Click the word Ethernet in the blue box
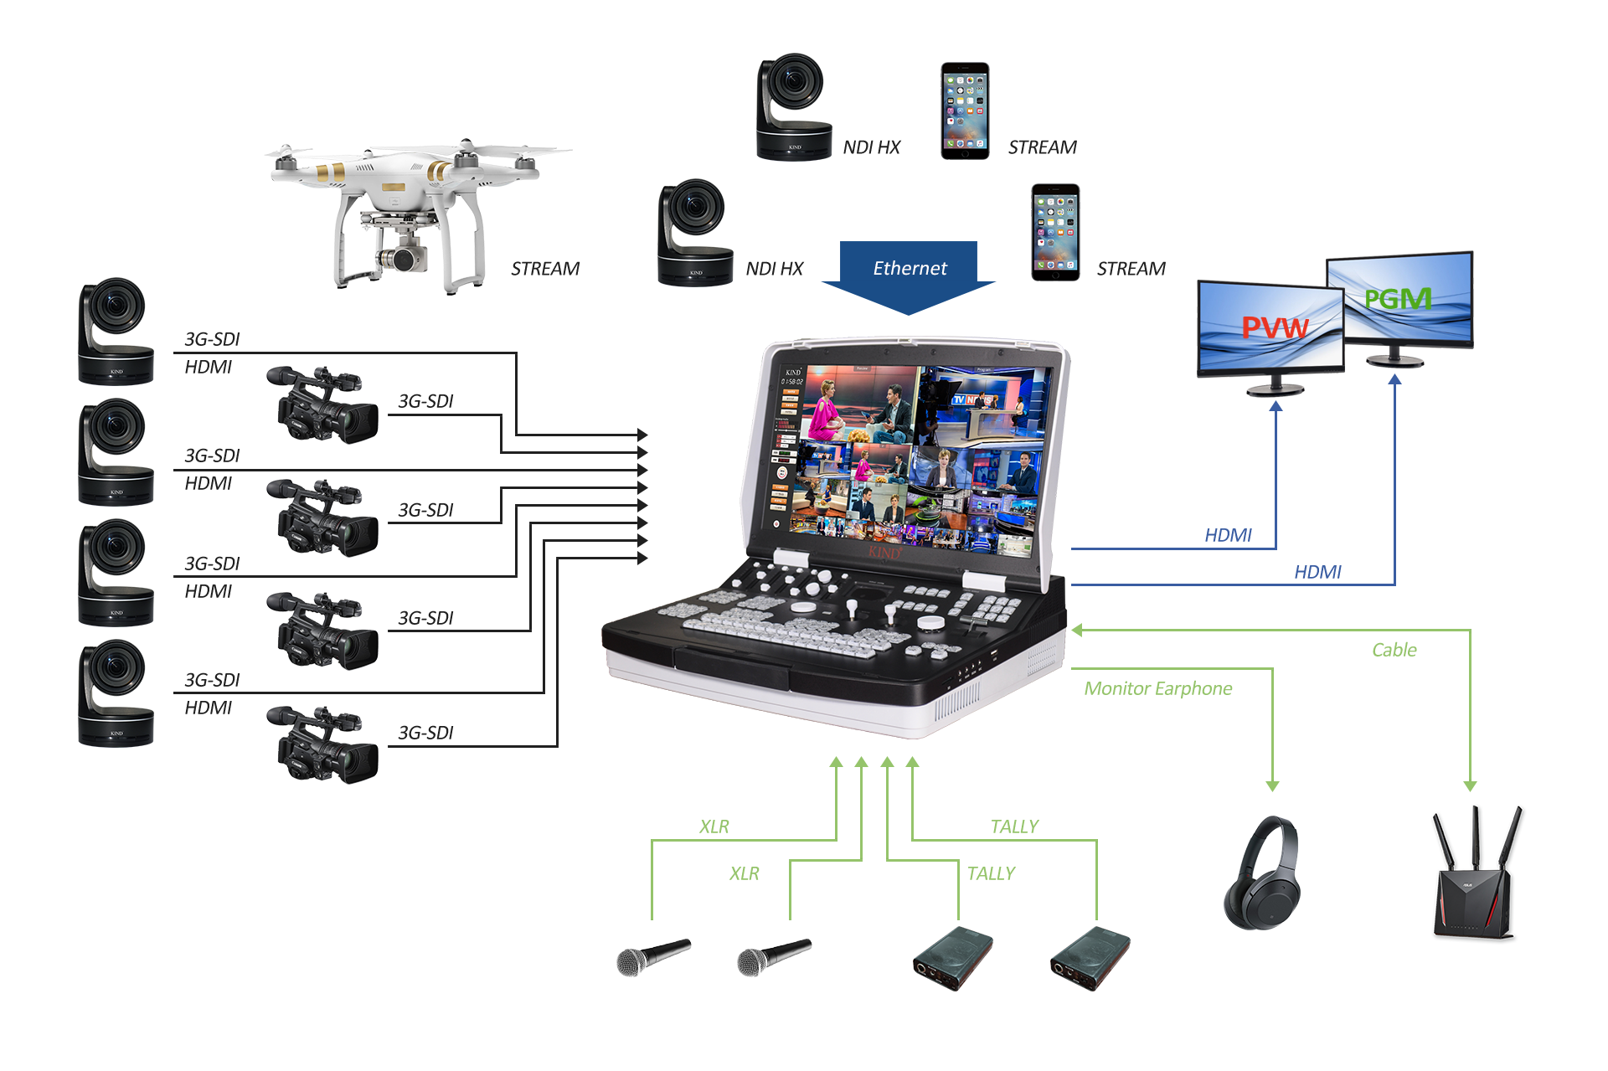pos(910,268)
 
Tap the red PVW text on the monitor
pos(1274,327)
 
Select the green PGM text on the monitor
pos(1398,299)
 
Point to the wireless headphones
pos(1262,873)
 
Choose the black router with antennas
pos(1478,876)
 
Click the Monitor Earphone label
pos(1158,689)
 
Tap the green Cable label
pos(1394,650)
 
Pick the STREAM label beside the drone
pos(544,269)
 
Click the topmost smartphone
pos(965,110)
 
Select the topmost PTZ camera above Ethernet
pos(793,106)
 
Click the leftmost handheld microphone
pos(653,957)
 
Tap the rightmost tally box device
pos(1090,959)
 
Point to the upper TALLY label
pos(1014,826)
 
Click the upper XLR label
pos(714,826)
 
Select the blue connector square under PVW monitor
pos(1276,406)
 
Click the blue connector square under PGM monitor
pos(1394,379)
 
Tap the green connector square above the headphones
pos(1272,786)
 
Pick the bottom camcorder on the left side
pos(322,744)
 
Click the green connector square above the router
pos(1470,786)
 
